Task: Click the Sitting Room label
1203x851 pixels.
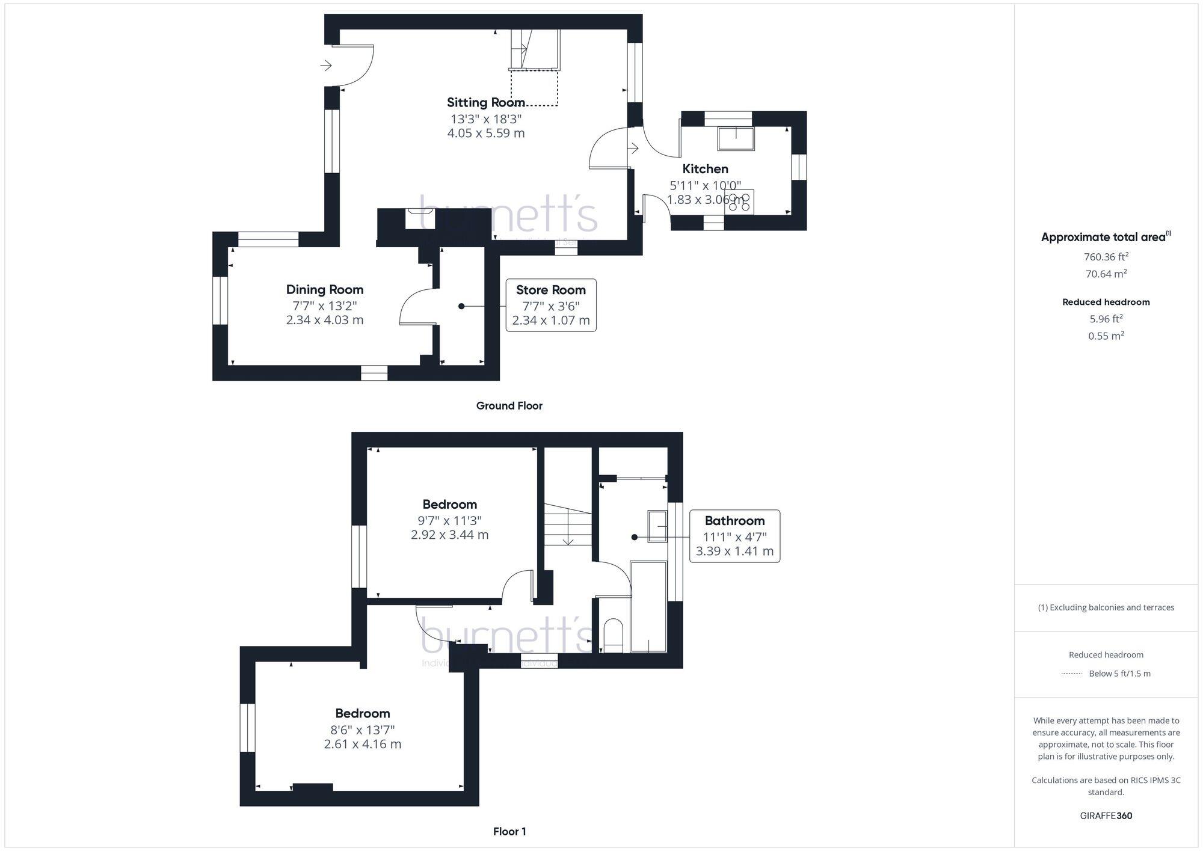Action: [x=485, y=102]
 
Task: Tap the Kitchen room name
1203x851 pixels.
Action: [x=705, y=169]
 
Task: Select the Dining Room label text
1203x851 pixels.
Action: [x=324, y=290]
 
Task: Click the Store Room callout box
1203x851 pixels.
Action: [x=551, y=305]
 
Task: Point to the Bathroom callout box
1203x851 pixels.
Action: [x=734, y=536]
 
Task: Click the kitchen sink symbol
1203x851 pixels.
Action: [x=736, y=138]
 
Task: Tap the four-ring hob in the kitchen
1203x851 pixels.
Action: [x=739, y=202]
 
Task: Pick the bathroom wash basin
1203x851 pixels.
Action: [x=657, y=526]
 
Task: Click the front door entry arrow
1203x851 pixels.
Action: [x=327, y=65]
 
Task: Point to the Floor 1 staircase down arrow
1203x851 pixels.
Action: [x=568, y=539]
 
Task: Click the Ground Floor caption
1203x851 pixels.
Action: [x=509, y=406]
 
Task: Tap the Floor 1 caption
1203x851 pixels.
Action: [x=509, y=832]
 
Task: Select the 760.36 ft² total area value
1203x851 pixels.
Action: [x=1106, y=257]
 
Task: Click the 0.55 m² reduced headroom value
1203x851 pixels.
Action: [x=1106, y=336]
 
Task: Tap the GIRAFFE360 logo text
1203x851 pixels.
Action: [x=1106, y=816]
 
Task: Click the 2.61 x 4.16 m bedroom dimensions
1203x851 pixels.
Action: [x=362, y=744]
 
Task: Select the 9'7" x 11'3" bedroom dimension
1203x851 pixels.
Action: [x=449, y=520]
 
